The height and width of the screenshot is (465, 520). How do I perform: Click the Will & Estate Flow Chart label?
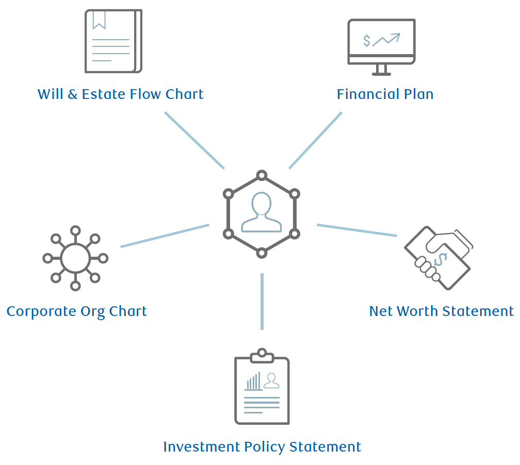[120, 94]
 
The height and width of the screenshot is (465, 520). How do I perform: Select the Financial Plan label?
[385, 94]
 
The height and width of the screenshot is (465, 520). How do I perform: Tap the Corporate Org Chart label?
[76, 311]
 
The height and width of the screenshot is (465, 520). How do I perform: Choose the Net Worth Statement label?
[441, 311]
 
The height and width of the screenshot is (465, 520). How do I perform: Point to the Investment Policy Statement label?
[262, 446]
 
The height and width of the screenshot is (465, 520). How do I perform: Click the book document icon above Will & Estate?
[113, 41]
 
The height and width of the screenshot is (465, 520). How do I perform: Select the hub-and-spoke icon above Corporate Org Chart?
[75, 258]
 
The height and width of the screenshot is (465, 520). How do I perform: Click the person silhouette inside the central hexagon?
[262, 213]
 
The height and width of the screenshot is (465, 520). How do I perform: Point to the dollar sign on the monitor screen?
[367, 40]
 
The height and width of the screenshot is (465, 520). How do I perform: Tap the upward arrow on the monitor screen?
[387, 39]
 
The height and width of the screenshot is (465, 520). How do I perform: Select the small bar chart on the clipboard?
[253, 382]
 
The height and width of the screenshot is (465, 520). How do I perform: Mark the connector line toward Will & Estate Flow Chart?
[194, 140]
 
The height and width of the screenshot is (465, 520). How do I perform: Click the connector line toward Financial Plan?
[315, 140]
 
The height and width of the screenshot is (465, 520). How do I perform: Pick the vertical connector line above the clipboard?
[262, 301]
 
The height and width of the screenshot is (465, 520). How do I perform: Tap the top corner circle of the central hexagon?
[262, 175]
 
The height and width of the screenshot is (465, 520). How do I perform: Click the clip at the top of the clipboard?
[262, 354]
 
